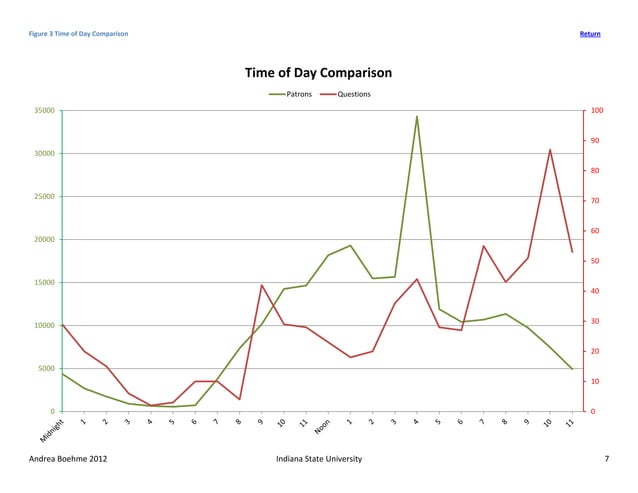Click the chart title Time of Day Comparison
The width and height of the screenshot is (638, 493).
tap(318, 73)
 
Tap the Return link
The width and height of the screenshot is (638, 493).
tap(590, 35)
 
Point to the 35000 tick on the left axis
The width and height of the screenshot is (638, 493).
tap(43, 110)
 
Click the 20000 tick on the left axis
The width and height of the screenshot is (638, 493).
tap(43, 239)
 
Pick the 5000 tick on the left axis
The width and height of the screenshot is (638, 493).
tap(46, 368)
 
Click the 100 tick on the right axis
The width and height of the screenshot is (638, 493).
tap(596, 110)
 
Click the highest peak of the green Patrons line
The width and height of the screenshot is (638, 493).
tap(417, 116)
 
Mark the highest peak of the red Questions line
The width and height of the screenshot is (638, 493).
tap(550, 149)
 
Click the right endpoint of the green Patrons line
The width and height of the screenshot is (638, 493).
tap(572, 369)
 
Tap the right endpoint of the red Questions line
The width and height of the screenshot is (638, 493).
tap(572, 252)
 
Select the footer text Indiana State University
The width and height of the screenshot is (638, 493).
tap(318, 458)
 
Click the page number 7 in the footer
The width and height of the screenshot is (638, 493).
tap(606, 458)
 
